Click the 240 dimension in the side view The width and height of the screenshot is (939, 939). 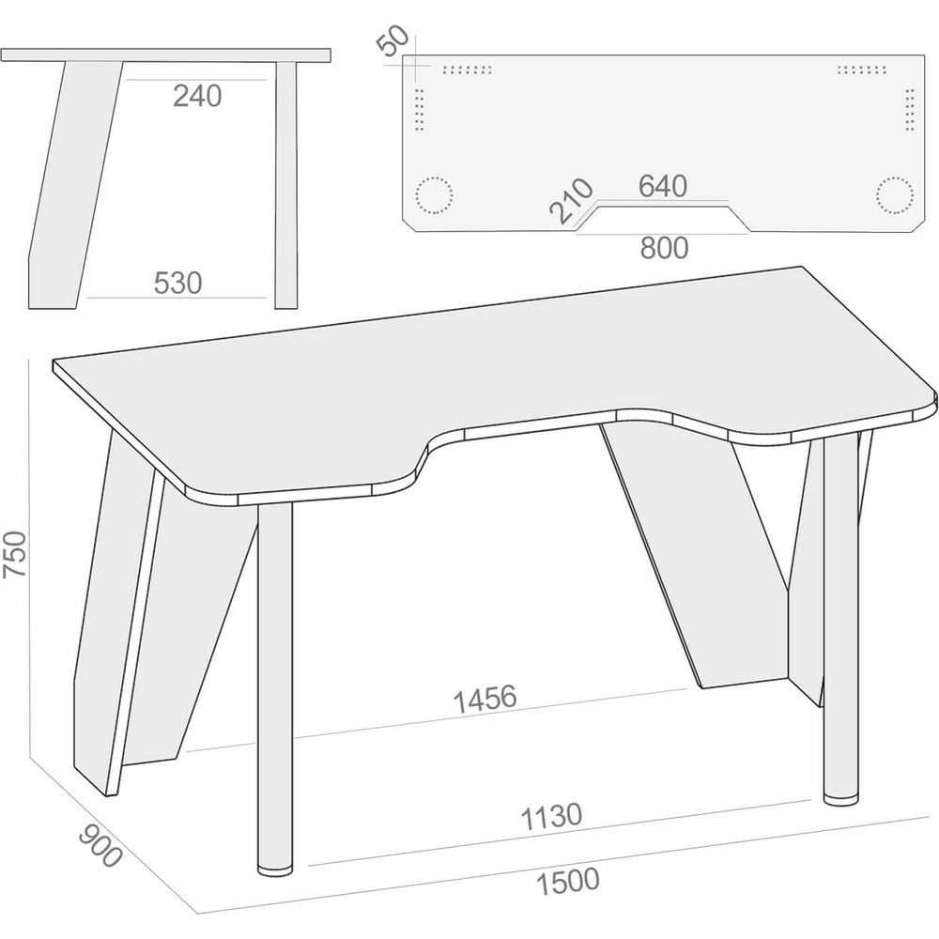tap(197, 96)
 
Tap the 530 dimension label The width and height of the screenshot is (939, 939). tap(177, 283)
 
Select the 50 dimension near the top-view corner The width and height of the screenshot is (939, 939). tap(393, 40)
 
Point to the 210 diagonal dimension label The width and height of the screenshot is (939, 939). tap(571, 201)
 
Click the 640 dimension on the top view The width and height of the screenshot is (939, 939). tap(662, 186)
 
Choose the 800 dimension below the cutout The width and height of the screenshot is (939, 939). tap(664, 248)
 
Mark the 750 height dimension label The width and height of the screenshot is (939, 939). tap(15, 554)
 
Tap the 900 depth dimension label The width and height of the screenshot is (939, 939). tap(100, 845)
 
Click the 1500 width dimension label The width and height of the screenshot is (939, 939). tap(567, 882)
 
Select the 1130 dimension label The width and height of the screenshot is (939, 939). tap(551, 817)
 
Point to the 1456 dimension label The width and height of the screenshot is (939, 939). tap(485, 699)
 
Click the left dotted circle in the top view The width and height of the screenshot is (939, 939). tap(434, 194)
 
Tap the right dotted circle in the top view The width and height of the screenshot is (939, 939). tap(895, 194)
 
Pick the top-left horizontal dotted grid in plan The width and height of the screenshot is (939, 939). tap(467, 69)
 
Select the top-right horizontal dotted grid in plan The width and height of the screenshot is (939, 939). tap(862, 69)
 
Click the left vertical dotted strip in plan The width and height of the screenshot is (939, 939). tap(419, 110)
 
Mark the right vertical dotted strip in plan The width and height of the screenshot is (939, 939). tap(910, 110)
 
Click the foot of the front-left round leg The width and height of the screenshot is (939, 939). tap(275, 869)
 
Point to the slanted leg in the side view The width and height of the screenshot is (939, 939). tap(75, 186)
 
